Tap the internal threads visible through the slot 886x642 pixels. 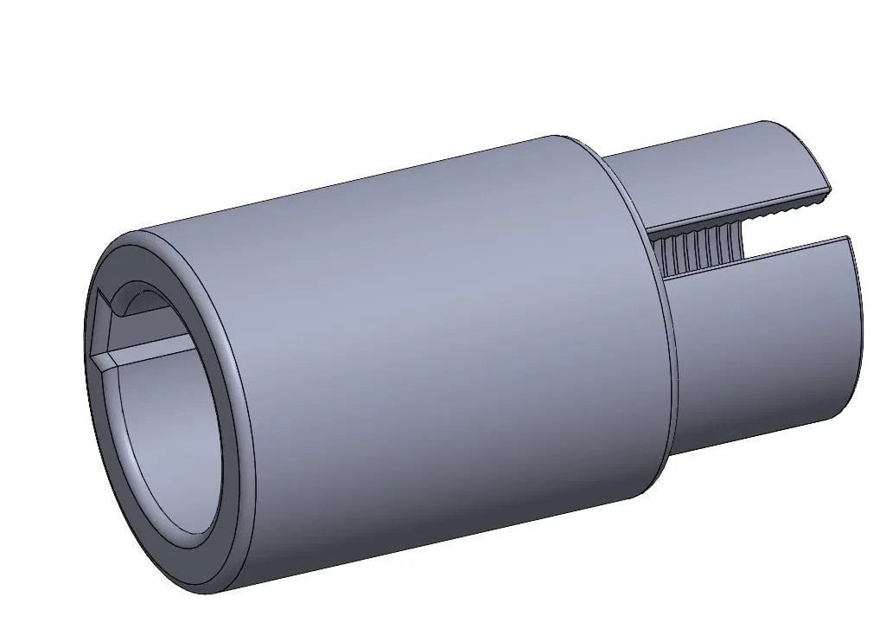(700, 243)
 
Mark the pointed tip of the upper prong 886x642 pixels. (831, 189)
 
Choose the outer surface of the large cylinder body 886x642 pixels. (432, 346)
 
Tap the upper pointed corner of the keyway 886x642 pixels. (104, 293)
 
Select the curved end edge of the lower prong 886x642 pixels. (859, 329)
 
